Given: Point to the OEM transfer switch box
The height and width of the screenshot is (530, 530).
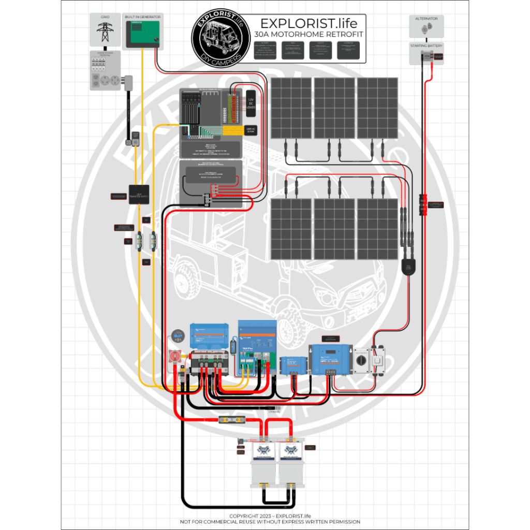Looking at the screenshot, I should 139,194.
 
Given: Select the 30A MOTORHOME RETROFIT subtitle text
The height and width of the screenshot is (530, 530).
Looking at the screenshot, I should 308,34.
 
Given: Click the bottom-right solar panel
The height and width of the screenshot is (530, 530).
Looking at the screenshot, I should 377,229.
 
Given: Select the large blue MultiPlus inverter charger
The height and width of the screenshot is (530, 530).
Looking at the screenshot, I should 257,346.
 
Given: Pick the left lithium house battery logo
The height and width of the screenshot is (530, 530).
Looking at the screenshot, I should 264,452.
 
